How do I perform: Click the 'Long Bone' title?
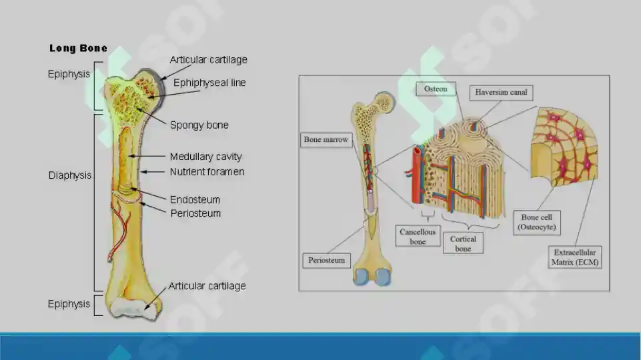tap(78, 48)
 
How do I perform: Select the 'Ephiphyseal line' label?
tap(209, 83)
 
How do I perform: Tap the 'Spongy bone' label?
tap(199, 125)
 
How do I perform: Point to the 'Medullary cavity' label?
tap(205, 157)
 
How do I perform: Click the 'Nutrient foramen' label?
tap(207, 171)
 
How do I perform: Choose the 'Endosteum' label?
tap(195, 200)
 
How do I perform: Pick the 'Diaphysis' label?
tap(70, 175)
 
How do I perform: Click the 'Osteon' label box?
tap(436, 89)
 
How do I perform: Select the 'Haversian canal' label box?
tap(501, 93)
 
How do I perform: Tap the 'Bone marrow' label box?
tap(326, 140)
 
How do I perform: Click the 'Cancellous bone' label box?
tap(418, 236)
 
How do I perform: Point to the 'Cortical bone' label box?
tap(463, 243)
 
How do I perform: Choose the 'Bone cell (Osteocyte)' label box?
tap(537, 222)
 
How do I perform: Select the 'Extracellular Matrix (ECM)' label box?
tap(574, 257)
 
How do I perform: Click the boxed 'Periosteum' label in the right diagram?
tap(326, 260)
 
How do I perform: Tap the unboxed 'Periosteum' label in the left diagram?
tap(195, 213)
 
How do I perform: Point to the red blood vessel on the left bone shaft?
tap(120, 229)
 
